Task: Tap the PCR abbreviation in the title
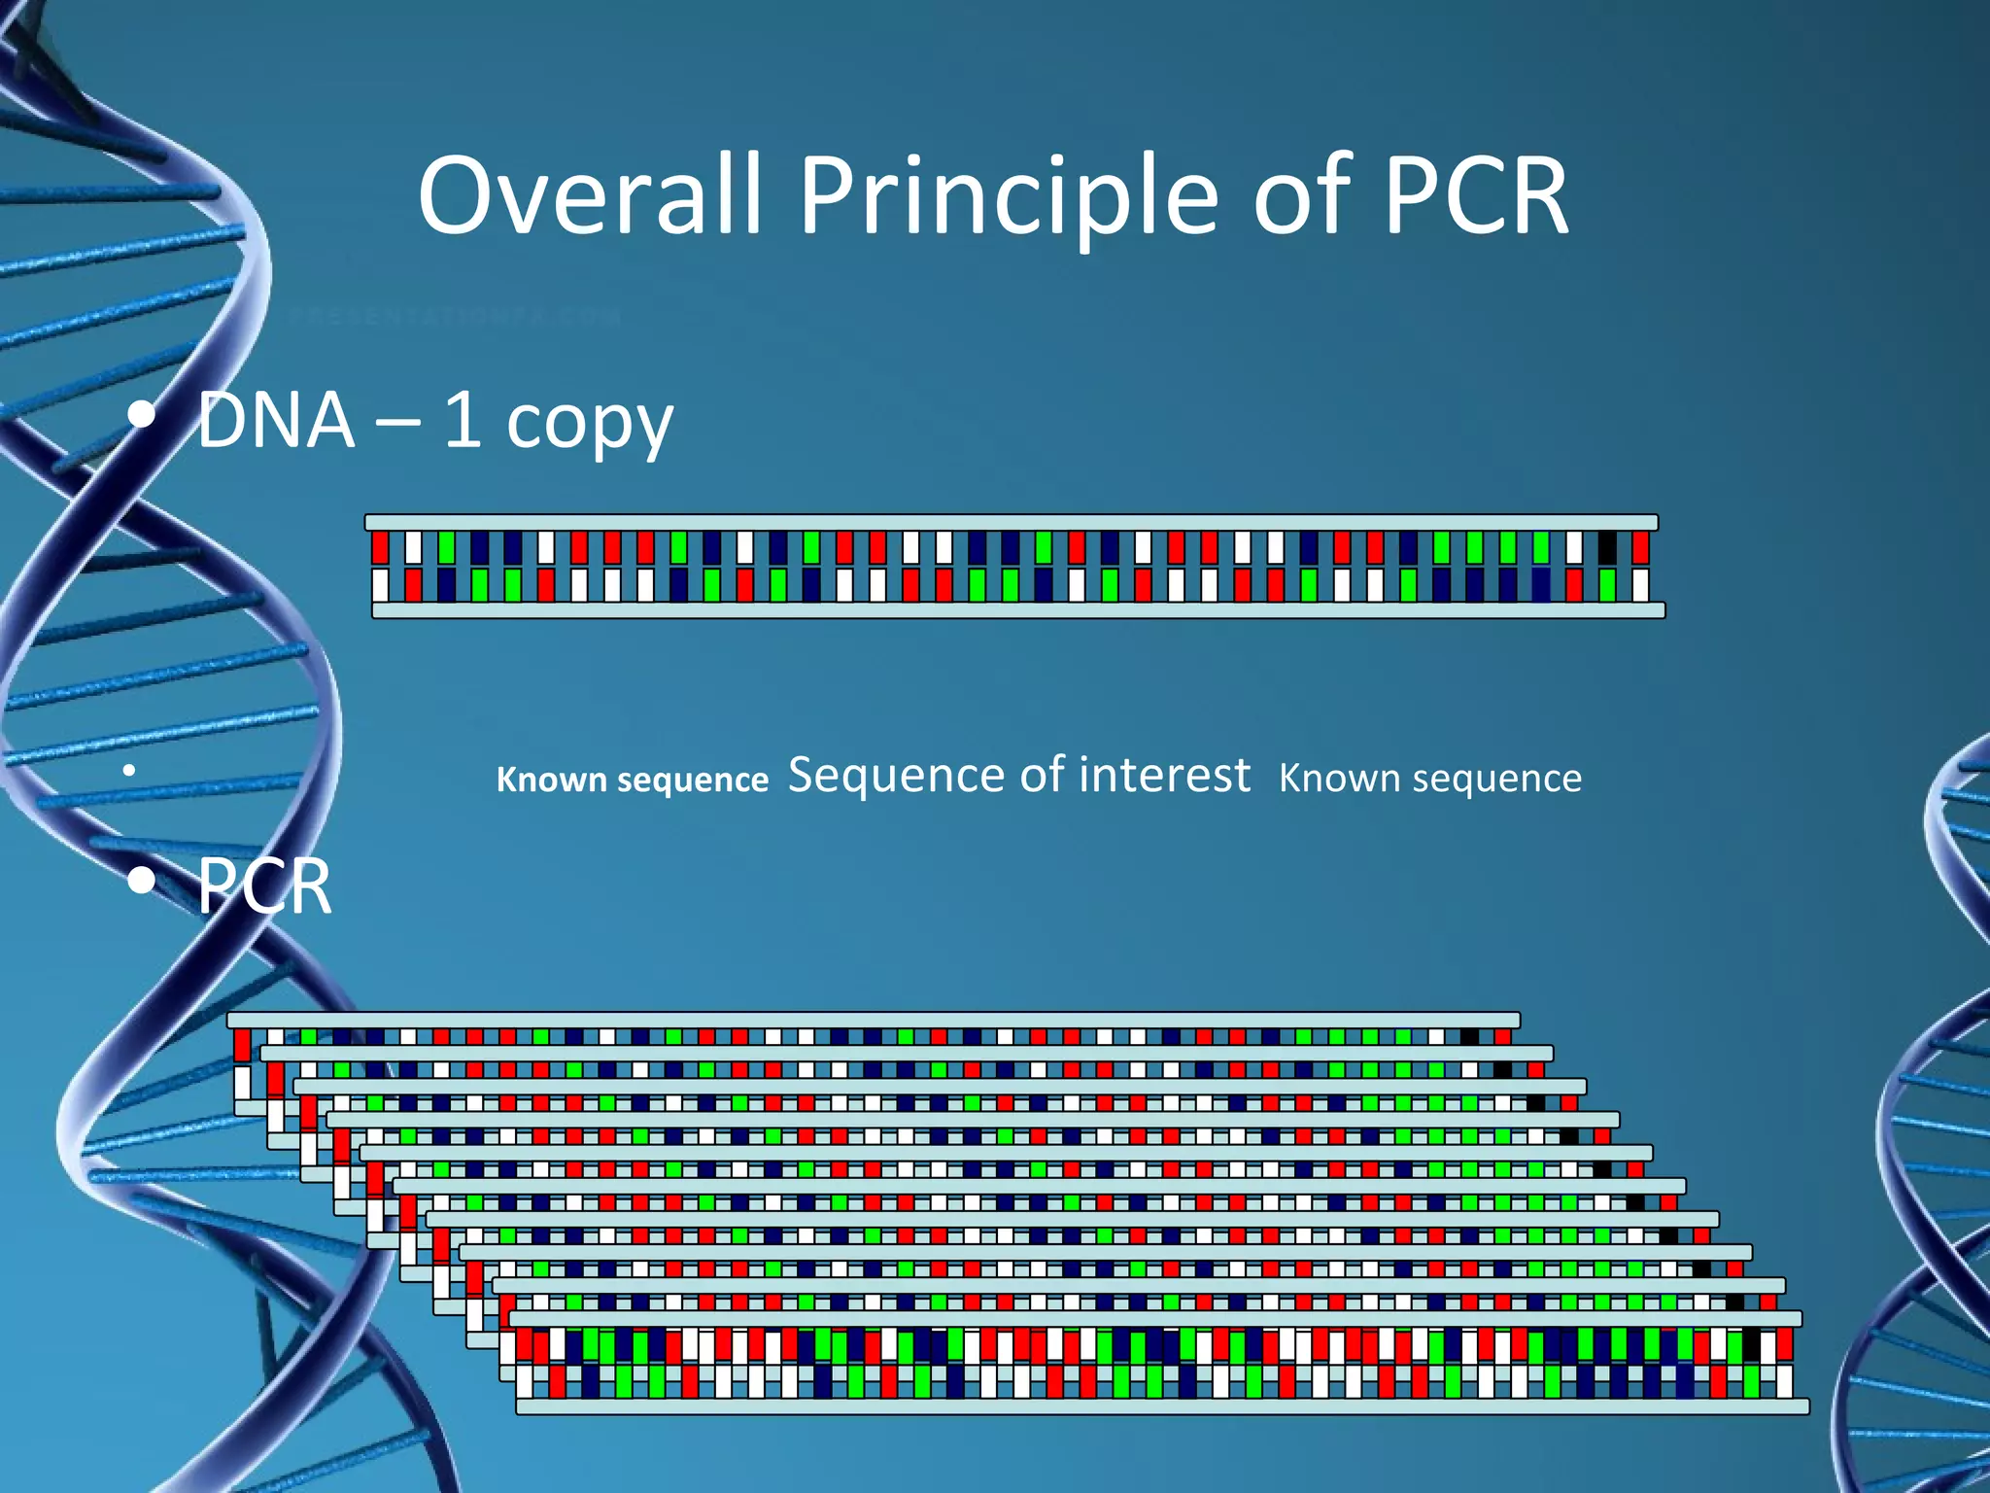(x=1474, y=197)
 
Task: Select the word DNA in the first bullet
(x=276, y=421)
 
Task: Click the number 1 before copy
(x=463, y=421)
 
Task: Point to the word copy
(x=589, y=426)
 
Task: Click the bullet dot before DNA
(x=142, y=416)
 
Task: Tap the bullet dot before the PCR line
(x=142, y=881)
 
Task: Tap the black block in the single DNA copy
(x=1607, y=548)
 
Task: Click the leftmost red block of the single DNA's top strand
(x=381, y=548)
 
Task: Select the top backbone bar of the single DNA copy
(x=1011, y=523)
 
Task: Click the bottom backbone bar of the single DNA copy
(x=1018, y=610)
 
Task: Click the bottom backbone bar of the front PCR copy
(x=1162, y=1406)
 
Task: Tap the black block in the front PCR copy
(x=1751, y=1345)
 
